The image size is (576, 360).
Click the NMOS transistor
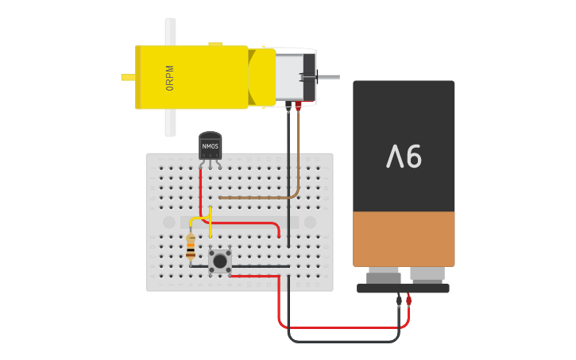tap(210, 146)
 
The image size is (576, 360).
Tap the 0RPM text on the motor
tap(170, 78)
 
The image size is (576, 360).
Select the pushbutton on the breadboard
tap(220, 261)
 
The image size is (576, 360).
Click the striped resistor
tap(191, 247)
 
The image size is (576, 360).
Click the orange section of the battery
tap(404, 238)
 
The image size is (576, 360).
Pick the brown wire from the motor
tap(298, 159)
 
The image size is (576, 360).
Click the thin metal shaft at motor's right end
tap(327, 77)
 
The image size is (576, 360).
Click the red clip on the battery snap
tap(408, 300)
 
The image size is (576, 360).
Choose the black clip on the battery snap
tap(399, 300)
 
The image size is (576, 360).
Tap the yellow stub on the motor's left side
tap(127, 77)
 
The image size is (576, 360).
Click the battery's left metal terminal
tap(384, 277)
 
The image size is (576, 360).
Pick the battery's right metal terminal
tap(427, 275)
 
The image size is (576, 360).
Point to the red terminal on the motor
tap(299, 104)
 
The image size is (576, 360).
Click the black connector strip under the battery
tap(403, 288)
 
